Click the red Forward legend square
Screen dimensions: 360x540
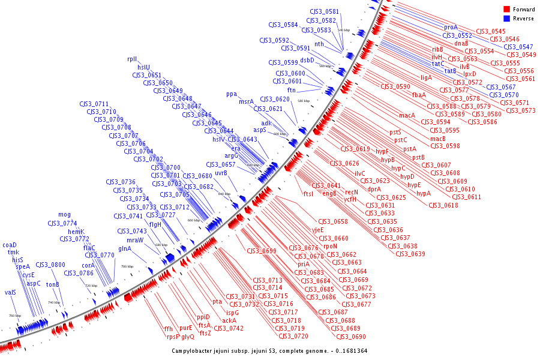(x=506, y=9)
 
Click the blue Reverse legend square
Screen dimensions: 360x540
(x=506, y=19)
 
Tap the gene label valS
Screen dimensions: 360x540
(x=10, y=293)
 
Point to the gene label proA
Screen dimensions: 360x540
(x=451, y=27)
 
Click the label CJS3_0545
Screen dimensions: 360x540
(x=490, y=31)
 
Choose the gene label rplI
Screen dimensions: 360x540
(x=132, y=59)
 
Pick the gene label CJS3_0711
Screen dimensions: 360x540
(x=94, y=104)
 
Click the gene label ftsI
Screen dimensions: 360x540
(x=308, y=193)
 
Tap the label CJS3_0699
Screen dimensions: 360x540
(x=261, y=251)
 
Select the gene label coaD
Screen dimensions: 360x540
(x=10, y=245)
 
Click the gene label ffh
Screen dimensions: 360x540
(x=169, y=328)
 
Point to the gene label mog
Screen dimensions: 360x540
(x=64, y=215)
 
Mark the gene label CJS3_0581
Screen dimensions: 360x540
(x=325, y=11)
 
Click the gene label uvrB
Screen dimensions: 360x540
(x=221, y=173)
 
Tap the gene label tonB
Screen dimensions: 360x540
(x=52, y=284)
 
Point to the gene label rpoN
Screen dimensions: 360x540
(x=331, y=246)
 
